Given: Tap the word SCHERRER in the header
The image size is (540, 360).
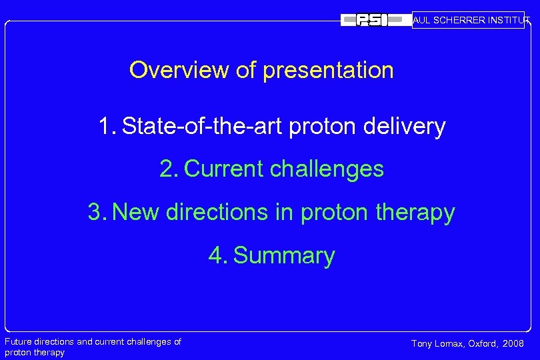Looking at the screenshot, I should (x=461, y=20).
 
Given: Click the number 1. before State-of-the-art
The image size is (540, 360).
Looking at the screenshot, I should (x=108, y=126).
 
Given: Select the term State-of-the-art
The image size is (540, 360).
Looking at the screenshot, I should (x=203, y=126).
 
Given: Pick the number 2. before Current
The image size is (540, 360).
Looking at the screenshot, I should (x=169, y=169).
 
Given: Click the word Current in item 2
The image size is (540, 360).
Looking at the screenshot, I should (x=225, y=169).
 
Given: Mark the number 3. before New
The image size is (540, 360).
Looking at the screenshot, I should (x=97, y=213).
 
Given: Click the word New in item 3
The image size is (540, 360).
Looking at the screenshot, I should (x=137, y=213).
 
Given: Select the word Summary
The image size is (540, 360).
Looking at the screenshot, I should (x=285, y=255).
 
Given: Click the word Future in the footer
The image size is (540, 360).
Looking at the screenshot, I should (x=19, y=342).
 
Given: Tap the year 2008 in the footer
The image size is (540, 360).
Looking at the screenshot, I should (x=514, y=344).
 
